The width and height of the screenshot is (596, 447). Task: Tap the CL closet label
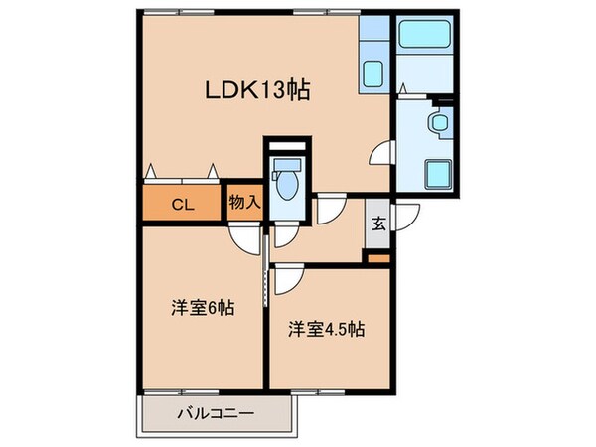[181, 206]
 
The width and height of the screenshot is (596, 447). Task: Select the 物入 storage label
[244, 203]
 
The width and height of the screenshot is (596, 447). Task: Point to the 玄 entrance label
[378, 223]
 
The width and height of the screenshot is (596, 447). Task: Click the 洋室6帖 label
[201, 307]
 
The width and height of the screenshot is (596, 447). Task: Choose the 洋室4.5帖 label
[327, 329]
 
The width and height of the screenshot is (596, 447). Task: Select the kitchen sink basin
[374, 74]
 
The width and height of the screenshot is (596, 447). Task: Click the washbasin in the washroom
[437, 126]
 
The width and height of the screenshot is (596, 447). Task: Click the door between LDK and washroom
[381, 154]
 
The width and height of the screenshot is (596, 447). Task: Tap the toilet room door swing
[284, 235]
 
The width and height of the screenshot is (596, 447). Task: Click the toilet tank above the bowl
[288, 164]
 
